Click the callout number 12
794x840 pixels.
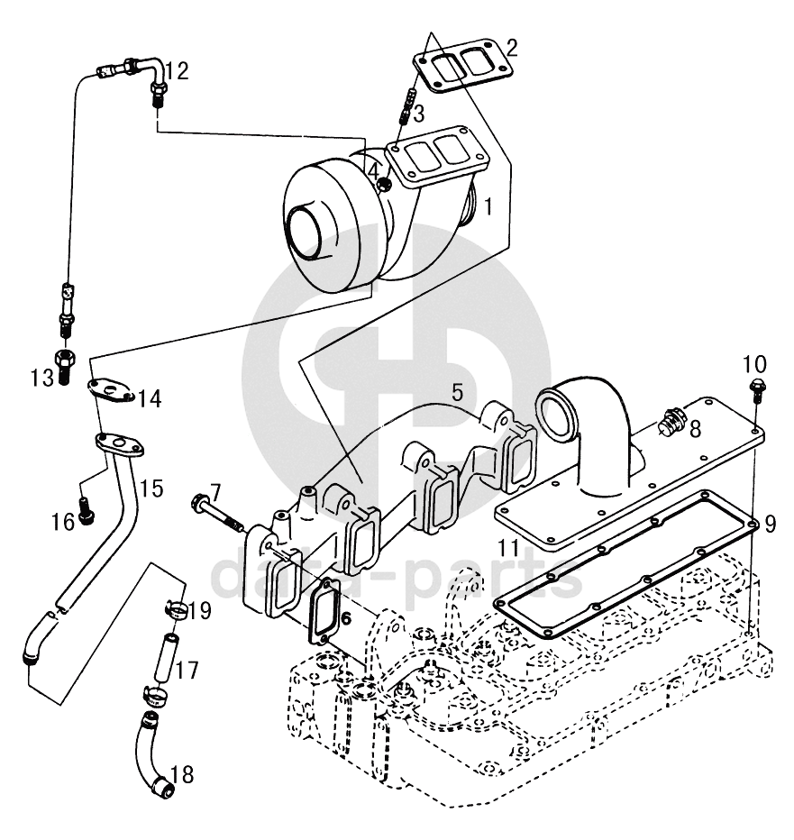coord(177,71)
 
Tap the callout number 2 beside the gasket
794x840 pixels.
coord(512,48)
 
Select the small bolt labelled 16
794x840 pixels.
coord(87,508)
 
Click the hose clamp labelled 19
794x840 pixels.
coord(175,609)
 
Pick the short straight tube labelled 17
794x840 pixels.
coord(166,658)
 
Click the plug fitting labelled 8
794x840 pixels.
coord(674,418)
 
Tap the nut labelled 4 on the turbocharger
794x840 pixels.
coord(384,186)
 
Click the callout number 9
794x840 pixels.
coord(770,524)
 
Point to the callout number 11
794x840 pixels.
coord(508,547)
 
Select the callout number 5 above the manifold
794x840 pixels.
coord(456,392)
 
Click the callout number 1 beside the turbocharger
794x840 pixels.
coord(488,206)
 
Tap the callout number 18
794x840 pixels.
coord(182,774)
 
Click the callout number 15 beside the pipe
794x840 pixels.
coord(151,488)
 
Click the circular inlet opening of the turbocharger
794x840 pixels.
coord(306,233)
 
